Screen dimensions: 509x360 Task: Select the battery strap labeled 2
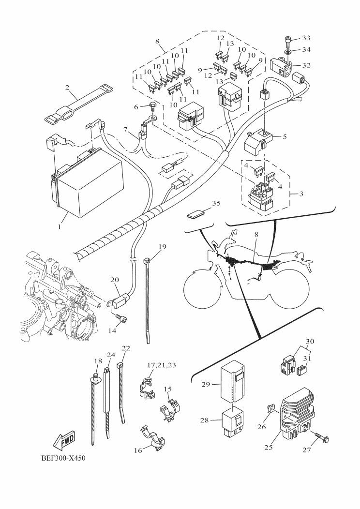[77, 104]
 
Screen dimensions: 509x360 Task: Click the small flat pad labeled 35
[195, 211]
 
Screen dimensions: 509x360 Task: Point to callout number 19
[162, 247]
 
